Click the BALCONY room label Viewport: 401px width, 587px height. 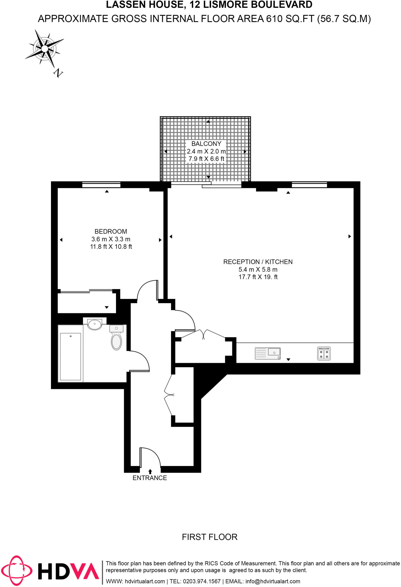[206, 144]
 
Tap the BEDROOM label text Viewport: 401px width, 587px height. [111, 231]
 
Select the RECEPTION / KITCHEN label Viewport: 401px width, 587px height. [258, 262]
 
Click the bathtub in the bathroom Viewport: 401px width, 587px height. [70, 353]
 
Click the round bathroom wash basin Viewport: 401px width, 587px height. [95, 325]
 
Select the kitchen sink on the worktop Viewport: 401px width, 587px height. [268, 353]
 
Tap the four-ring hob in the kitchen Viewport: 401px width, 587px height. [324, 353]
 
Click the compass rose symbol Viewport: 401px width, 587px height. [45, 49]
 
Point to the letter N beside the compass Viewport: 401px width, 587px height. [58, 73]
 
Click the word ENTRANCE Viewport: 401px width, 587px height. [150, 478]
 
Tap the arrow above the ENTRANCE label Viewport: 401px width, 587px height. [150, 471]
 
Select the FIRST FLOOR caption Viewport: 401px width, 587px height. [210, 537]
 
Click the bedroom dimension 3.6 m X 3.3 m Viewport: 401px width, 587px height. [111, 239]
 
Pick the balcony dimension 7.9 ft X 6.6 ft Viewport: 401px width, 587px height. [206, 159]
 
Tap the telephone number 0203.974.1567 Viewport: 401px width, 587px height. [202, 581]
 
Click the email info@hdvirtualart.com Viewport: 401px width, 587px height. [273, 581]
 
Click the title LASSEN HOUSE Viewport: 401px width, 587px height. [145, 5]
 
